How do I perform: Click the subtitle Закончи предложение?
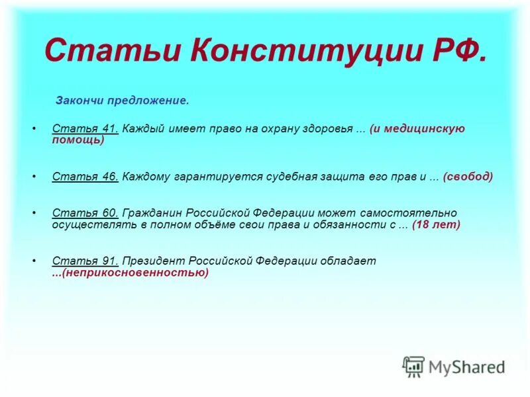click(123, 101)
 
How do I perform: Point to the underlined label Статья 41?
click(85, 128)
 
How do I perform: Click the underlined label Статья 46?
click(85, 177)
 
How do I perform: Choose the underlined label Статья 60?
click(85, 213)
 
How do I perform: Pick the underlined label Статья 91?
click(85, 261)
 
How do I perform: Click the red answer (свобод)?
click(468, 177)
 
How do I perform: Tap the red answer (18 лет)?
click(436, 224)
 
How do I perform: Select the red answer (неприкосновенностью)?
click(131, 273)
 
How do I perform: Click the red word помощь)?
click(78, 140)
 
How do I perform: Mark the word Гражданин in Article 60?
click(152, 213)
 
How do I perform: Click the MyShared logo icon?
click(413, 366)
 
